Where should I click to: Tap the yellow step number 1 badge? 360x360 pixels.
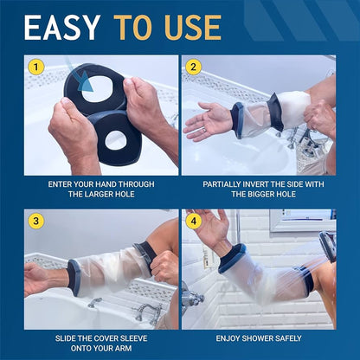pos(35,67)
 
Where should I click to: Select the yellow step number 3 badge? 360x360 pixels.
pos(35,220)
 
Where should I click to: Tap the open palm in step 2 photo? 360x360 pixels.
pos(208,122)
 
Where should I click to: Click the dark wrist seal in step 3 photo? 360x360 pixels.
pos(73,277)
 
